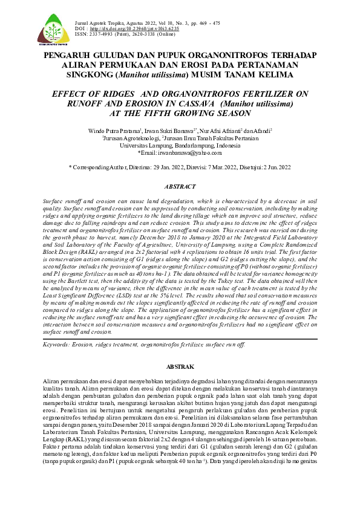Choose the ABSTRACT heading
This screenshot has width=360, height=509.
[x=180, y=187]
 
